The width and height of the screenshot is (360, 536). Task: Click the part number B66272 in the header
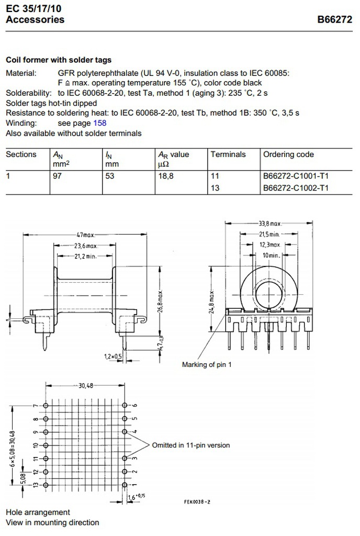pyautogui.click(x=335, y=20)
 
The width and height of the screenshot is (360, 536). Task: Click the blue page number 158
pyautogui.click(x=99, y=123)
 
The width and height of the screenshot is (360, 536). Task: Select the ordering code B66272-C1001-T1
pyautogui.click(x=296, y=176)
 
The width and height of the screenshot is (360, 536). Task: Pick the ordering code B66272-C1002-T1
pyautogui.click(x=296, y=188)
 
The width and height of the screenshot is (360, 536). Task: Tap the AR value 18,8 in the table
pyautogui.click(x=166, y=176)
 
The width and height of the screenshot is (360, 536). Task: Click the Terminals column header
pyautogui.click(x=228, y=154)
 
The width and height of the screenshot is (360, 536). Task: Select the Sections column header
pyautogui.click(x=21, y=154)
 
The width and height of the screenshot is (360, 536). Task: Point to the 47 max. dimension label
pyautogui.click(x=85, y=235)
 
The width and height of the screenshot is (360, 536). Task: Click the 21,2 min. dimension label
pyautogui.click(x=84, y=256)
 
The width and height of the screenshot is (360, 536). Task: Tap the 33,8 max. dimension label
pyautogui.click(x=270, y=224)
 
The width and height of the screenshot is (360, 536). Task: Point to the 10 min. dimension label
pyautogui.click(x=271, y=254)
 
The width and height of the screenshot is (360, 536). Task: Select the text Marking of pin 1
pyautogui.click(x=206, y=364)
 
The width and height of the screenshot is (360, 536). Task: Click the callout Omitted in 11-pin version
pyautogui.click(x=190, y=445)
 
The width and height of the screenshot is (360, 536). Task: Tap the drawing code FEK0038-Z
pyautogui.click(x=197, y=501)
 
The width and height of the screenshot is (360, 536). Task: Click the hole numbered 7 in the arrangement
pyautogui.click(x=46, y=406)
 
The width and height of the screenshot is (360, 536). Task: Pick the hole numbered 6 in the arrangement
pyautogui.click(x=125, y=406)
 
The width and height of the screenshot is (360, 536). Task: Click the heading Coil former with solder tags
pyautogui.click(x=59, y=60)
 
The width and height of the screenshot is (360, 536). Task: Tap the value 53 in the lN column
pyautogui.click(x=110, y=176)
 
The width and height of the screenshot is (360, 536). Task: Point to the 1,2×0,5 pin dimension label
pyautogui.click(x=113, y=356)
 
